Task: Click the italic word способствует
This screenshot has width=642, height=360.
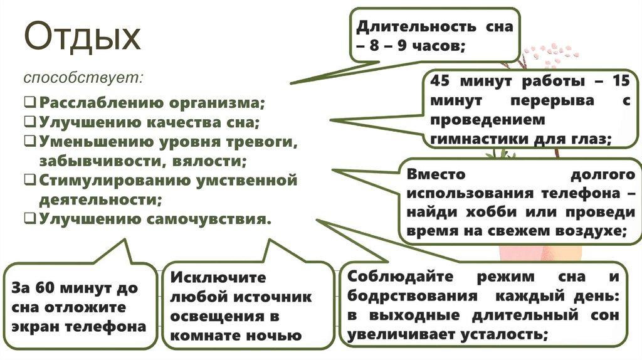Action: coord(84,79)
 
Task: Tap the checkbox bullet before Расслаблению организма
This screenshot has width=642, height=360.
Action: coord(31,102)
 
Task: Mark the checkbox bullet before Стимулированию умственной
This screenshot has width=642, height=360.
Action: coord(31,181)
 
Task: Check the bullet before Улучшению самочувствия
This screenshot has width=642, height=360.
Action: coord(31,219)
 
